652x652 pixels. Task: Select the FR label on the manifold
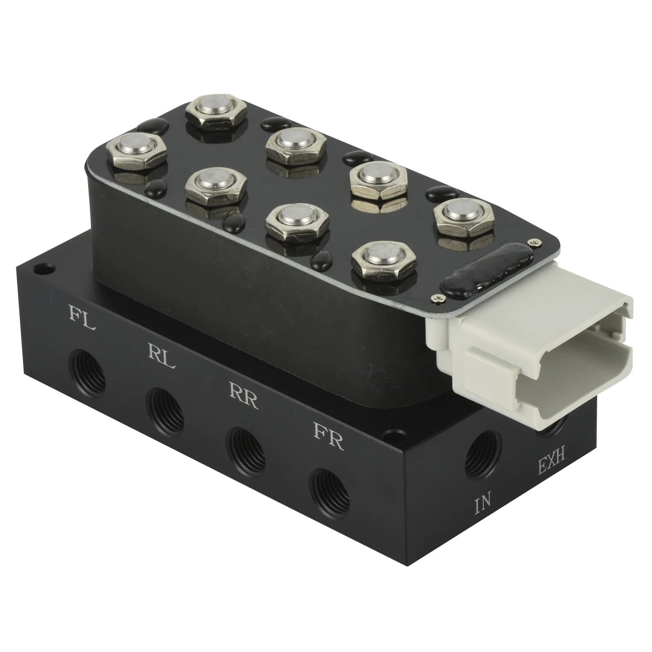click(329, 442)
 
